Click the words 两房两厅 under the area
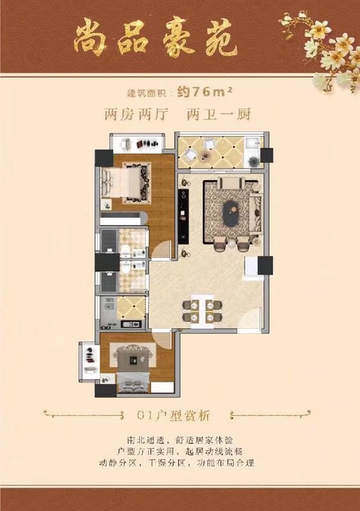pyautogui.click(x=136, y=114)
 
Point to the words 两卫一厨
pyautogui.click(x=218, y=114)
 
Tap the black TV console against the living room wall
pyautogui.click(x=183, y=215)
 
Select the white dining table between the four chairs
pyautogui.click(x=202, y=311)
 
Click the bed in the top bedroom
pyautogui.click(x=126, y=183)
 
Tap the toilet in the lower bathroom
pyautogui.click(x=126, y=267)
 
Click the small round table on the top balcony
pyautogui.click(x=206, y=156)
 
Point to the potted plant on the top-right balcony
pyautogui.click(x=253, y=161)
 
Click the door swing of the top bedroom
pyautogui.click(x=161, y=250)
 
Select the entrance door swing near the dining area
pyautogui.click(x=250, y=321)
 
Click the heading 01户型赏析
pyautogui.click(x=174, y=416)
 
